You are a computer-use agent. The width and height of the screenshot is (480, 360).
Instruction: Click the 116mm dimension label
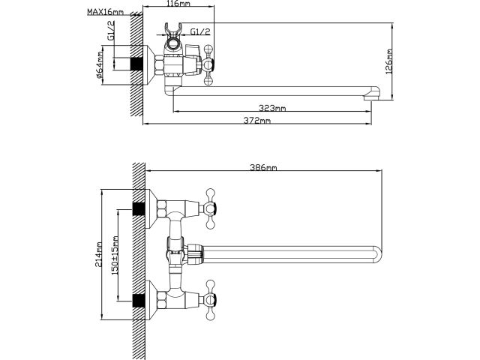(x=178, y=4)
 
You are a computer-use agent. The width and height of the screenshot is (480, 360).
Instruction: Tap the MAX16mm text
(x=103, y=13)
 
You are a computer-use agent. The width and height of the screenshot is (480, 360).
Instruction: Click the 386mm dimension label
(x=263, y=168)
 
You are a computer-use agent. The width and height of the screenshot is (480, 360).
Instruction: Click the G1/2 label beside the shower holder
(x=199, y=32)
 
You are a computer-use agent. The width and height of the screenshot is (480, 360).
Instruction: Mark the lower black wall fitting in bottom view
(x=136, y=301)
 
